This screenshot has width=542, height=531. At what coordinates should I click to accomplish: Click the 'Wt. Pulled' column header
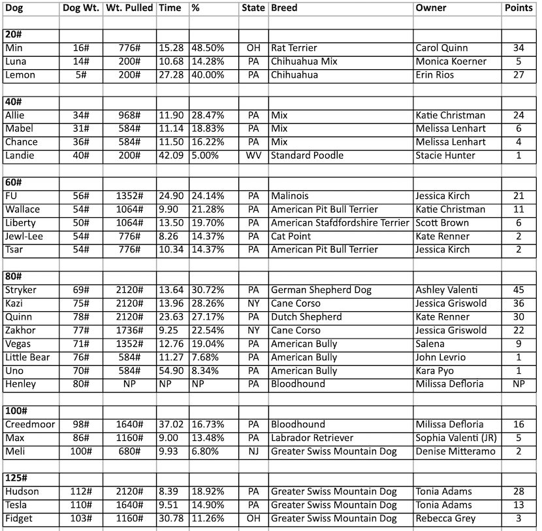[x=129, y=8]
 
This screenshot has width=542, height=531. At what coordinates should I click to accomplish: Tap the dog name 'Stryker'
[x=21, y=290]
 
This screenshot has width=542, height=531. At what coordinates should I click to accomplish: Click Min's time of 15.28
[x=171, y=48]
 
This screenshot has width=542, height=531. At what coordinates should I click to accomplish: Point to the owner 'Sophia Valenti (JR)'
[x=455, y=438]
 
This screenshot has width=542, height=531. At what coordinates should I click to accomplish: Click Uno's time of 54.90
[x=171, y=371]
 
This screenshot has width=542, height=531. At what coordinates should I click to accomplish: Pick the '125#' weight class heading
[x=16, y=478]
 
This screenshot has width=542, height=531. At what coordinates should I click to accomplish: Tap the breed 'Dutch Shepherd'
[x=306, y=317]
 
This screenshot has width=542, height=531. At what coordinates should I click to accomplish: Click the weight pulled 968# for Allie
[x=129, y=115]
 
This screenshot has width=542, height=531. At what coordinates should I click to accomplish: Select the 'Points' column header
[x=520, y=8]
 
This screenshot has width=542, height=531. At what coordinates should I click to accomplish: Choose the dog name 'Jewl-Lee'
[x=24, y=236]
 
